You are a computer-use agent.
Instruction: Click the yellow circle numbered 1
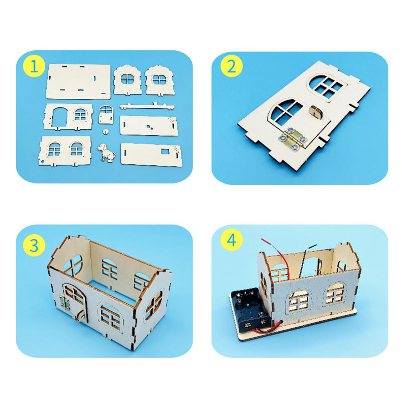click(34, 67)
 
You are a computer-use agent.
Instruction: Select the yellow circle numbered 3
click(34, 246)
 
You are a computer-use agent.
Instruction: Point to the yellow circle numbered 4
click(231, 240)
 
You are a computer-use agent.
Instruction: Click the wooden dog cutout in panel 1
click(106, 152)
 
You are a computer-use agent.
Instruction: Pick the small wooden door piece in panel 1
click(106, 115)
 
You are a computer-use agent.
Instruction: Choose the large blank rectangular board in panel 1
click(78, 81)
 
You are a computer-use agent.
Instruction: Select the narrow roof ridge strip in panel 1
click(147, 106)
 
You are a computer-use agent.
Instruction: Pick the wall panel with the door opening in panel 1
click(68, 117)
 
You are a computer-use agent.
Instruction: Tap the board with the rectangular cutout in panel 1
click(151, 154)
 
